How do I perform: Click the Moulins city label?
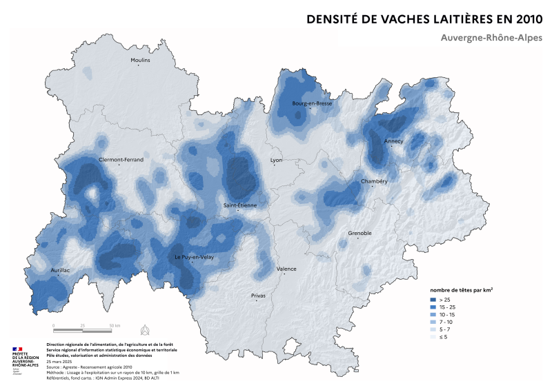(140, 61)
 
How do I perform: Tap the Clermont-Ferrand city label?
(121, 159)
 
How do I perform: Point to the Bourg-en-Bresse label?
(312, 103)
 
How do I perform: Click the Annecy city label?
(394, 141)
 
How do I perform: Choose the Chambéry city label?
(374, 181)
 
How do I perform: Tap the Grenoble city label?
(359, 233)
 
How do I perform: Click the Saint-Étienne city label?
(238, 205)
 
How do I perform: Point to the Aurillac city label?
(60, 270)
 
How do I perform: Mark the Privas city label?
(258, 296)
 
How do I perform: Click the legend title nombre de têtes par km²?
(461, 290)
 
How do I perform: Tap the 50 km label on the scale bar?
(114, 325)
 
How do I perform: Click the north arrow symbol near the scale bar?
(144, 328)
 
